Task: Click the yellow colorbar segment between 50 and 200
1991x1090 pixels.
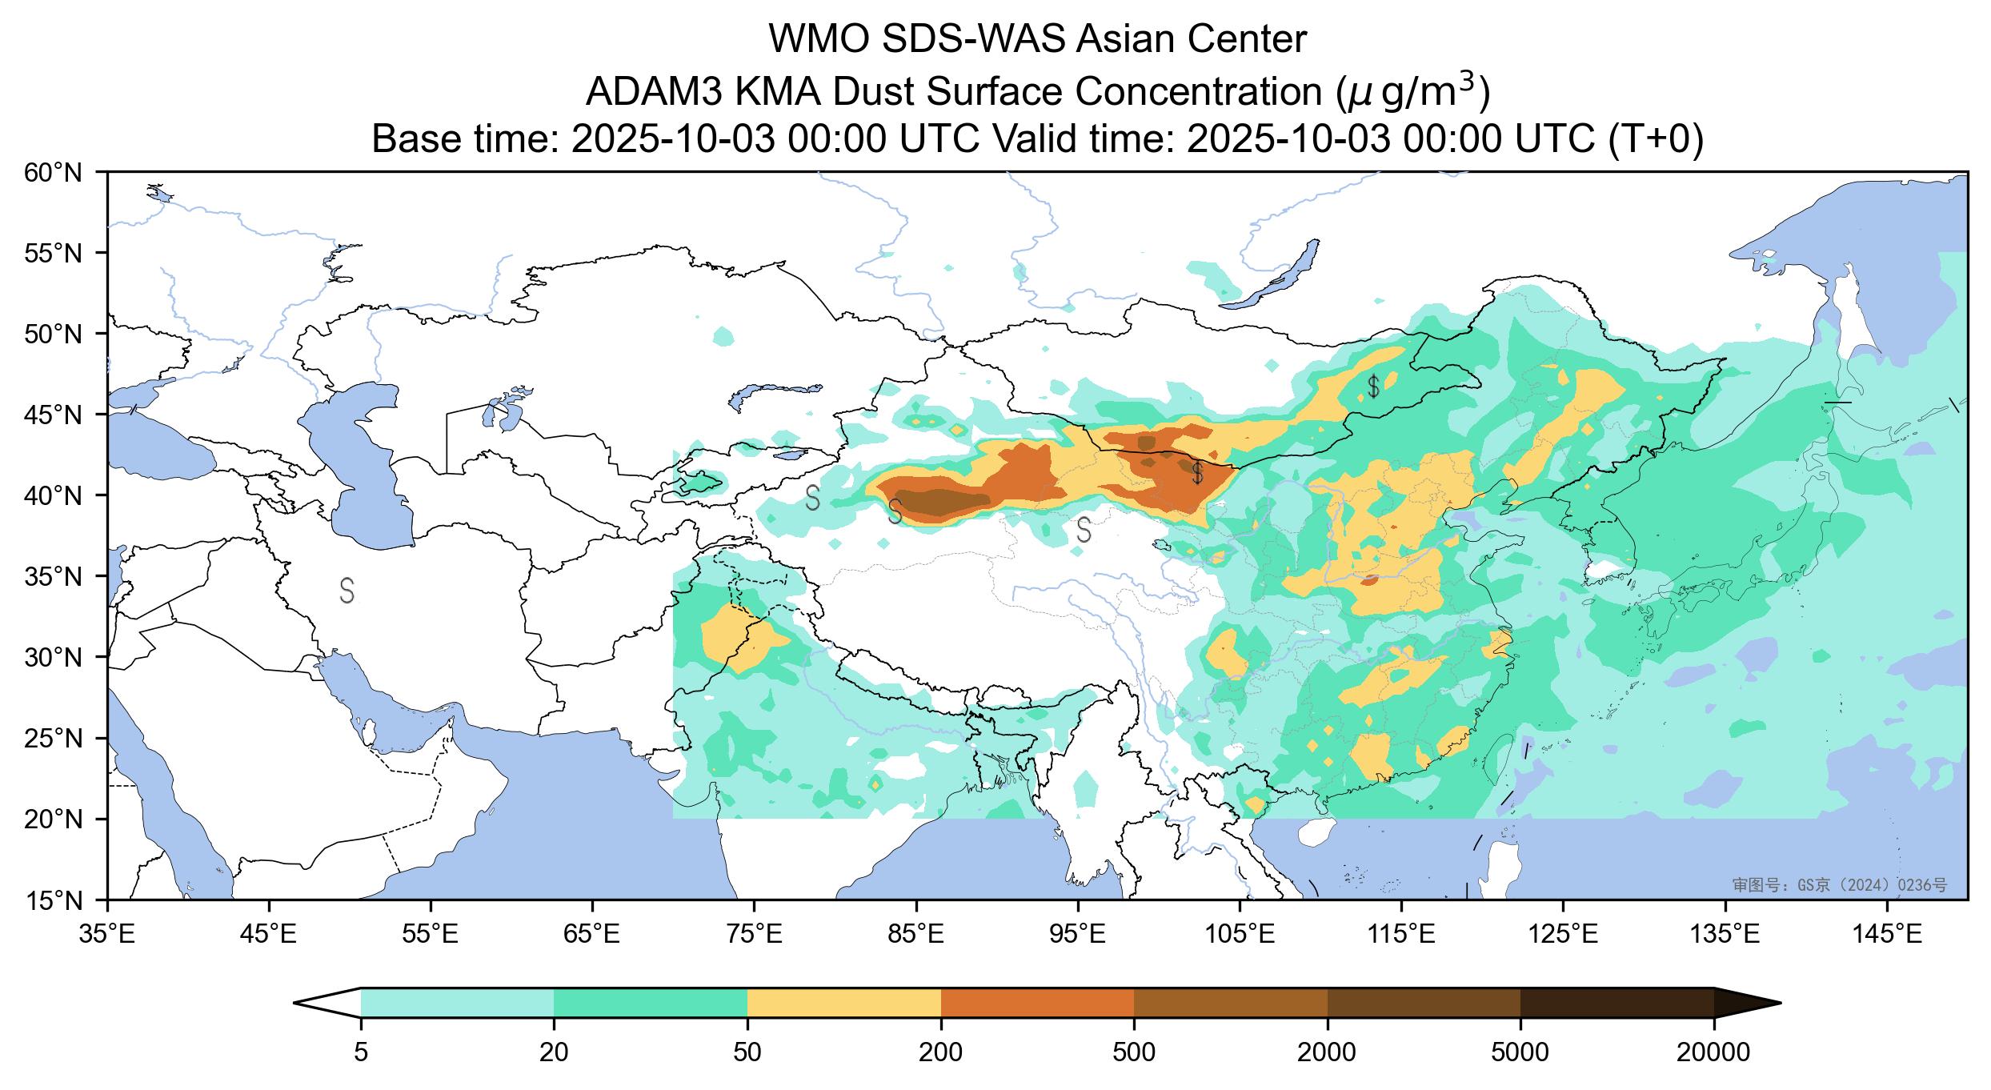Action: click(x=843, y=1002)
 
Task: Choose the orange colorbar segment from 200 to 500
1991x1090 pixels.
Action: click(x=1037, y=1002)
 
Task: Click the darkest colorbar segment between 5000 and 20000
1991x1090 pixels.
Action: click(x=1616, y=1002)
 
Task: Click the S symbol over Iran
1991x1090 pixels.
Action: click(x=347, y=590)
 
